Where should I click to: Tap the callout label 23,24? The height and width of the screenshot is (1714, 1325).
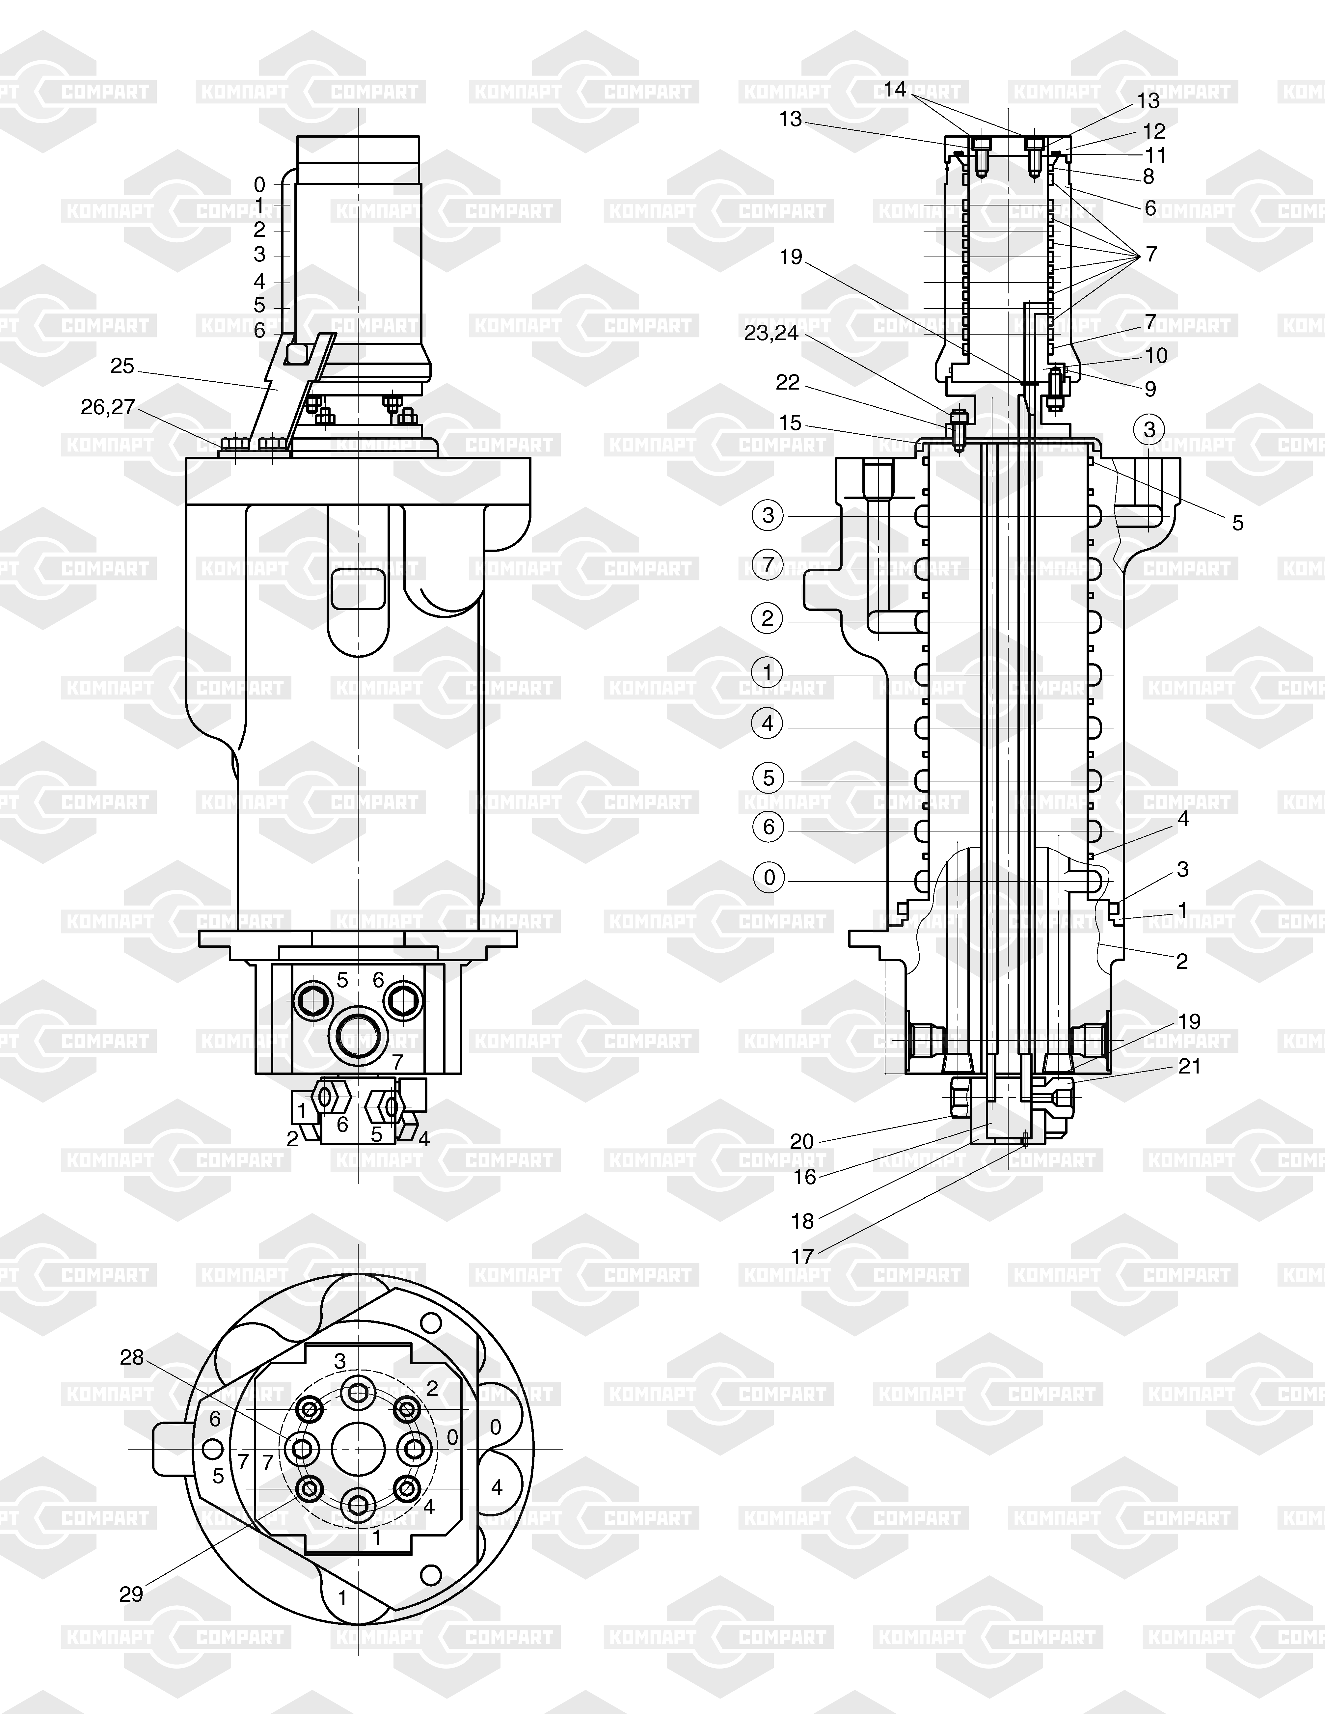point(771,334)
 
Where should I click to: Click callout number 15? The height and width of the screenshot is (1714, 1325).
point(791,424)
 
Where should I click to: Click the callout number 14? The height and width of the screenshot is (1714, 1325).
point(895,90)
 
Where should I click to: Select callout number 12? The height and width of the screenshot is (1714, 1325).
point(1154,131)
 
